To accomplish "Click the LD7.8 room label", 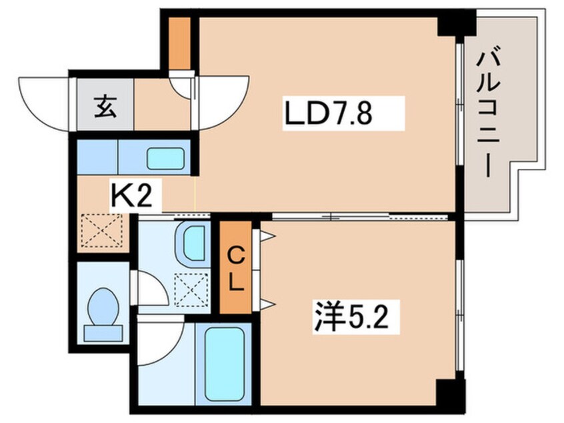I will tap(327, 115).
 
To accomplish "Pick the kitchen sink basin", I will tap(165, 159).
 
